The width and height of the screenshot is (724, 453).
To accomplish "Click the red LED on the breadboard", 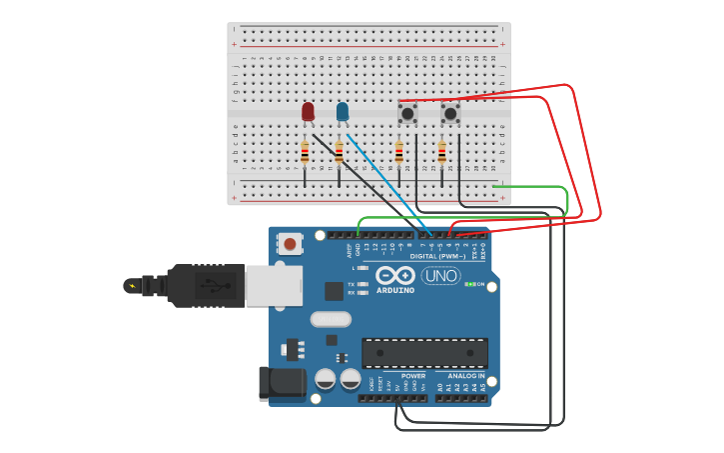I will [308, 111].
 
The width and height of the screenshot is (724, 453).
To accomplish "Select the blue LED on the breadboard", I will [343, 111].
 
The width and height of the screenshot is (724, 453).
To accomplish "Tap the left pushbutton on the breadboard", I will [407, 113].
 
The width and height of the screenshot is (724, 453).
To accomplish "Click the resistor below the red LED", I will [305, 153].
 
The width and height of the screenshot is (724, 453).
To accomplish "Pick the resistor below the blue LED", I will [339, 153].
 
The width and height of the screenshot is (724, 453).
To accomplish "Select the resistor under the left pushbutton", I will [398, 152].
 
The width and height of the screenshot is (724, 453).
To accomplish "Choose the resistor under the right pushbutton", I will [441, 152].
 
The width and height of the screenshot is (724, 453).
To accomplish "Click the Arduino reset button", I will [291, 243].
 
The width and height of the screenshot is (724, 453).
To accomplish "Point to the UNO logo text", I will [440, 275].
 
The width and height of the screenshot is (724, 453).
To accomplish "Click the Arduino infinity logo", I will [395, 275].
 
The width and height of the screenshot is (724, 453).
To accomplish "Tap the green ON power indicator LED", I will [468, 284].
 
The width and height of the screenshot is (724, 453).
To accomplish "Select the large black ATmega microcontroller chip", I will [424, 352].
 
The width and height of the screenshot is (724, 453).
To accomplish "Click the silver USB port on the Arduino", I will [273, 285].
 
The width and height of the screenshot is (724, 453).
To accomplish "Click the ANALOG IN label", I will [465, 376].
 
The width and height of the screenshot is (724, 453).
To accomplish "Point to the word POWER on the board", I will [413, 376].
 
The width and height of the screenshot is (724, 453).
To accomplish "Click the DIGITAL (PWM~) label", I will [437, 256].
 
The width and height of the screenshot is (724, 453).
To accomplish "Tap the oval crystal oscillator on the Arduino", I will [331, 319].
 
